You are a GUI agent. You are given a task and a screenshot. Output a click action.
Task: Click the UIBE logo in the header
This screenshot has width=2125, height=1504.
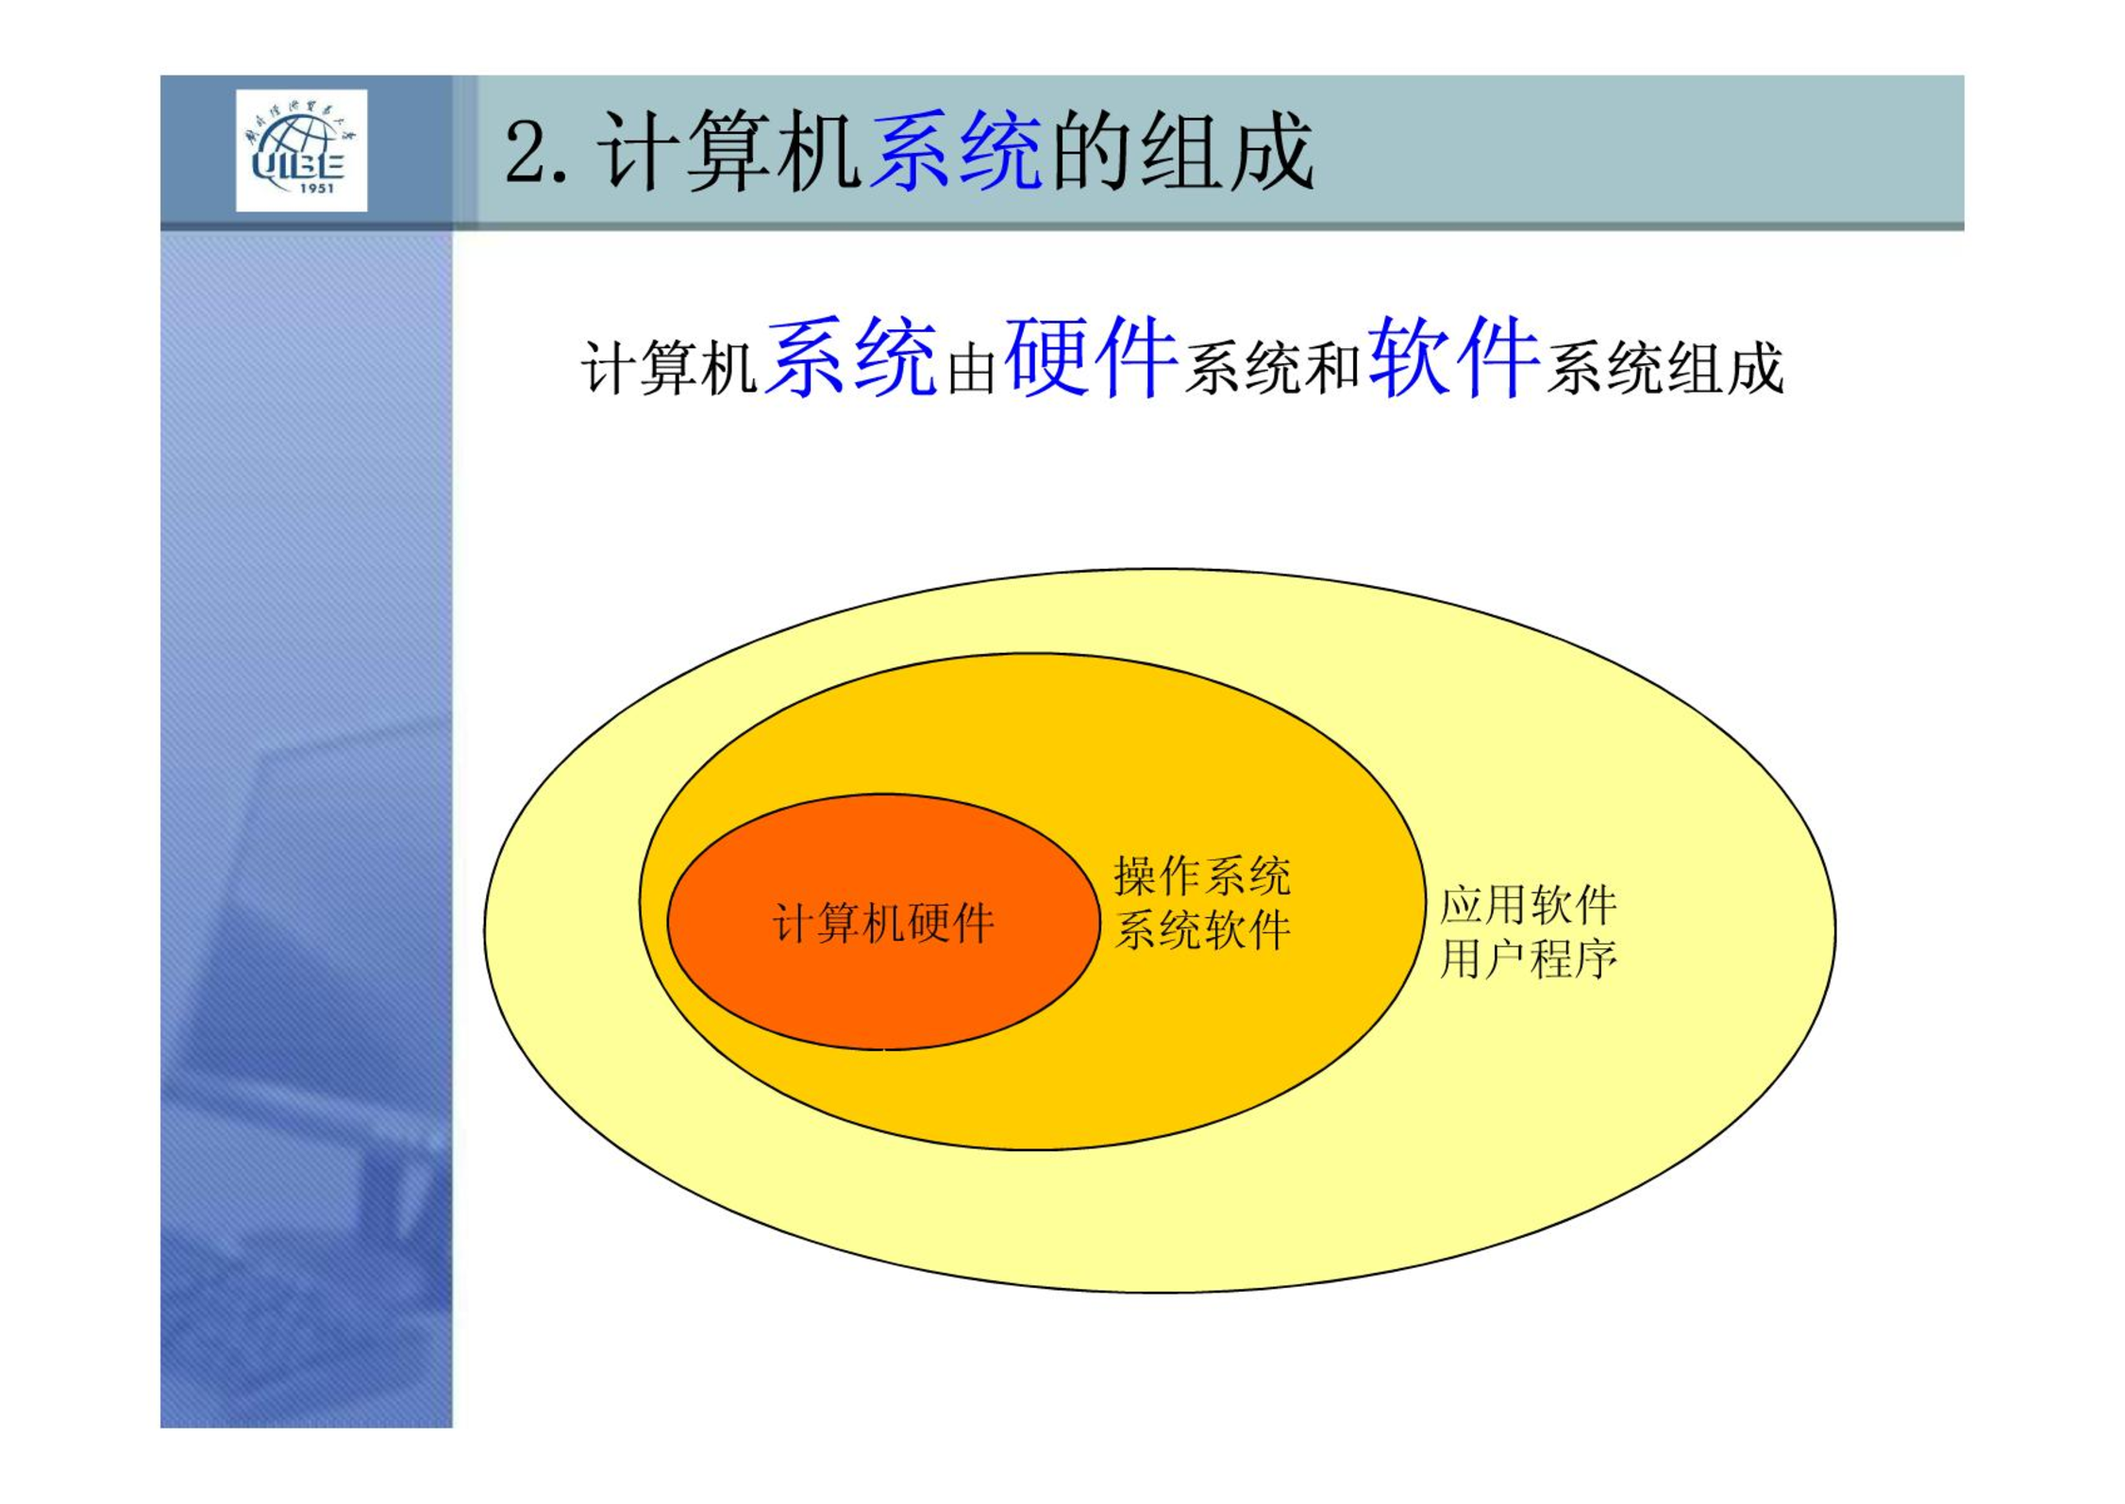point(301,150)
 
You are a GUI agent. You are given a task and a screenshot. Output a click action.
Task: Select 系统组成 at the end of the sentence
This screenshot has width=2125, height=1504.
point(1665,368)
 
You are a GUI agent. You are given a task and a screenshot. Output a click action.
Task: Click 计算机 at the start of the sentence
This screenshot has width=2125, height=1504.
point(669,368)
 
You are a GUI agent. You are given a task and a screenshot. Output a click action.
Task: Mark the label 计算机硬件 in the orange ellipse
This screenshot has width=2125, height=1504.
point(883,923)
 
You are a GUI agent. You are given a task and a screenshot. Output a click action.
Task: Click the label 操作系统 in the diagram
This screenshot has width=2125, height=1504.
point(1202,876)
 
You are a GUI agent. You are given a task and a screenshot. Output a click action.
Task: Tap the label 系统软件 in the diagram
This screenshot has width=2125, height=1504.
point(1202,930)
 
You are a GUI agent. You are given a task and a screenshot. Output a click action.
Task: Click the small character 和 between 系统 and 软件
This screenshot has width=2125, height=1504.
point(1333,369)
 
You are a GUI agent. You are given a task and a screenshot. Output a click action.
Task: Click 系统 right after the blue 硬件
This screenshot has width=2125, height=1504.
point(1244,368)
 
